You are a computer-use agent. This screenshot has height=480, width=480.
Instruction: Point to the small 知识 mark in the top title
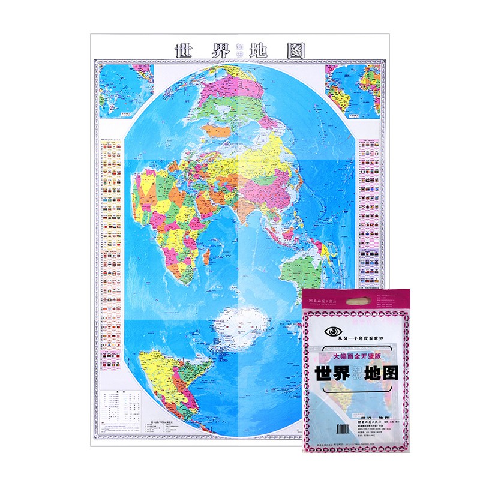[x=238, y=50]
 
